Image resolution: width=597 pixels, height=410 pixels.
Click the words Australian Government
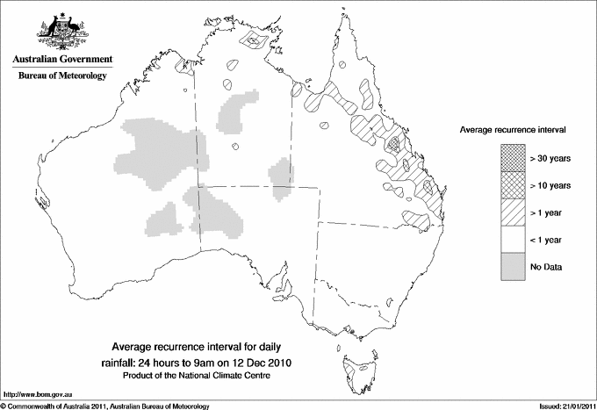pyautogui.click(x=61, y=59)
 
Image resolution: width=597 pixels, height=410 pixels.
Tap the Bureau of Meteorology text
pyautogui.click(x=61, y=76)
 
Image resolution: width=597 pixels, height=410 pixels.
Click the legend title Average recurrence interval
pyautogui.click(x=513, y=129)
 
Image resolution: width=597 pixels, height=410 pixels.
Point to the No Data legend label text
pyautogui.click(x=546, y=267)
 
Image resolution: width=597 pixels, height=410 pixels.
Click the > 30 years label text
pyautogui.click(x=550, y=158)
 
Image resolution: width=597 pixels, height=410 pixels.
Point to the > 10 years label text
pyautogui.click(x=550, y=185)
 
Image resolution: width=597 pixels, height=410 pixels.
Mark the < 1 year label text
pyautogui.click(x=548, y=240)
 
